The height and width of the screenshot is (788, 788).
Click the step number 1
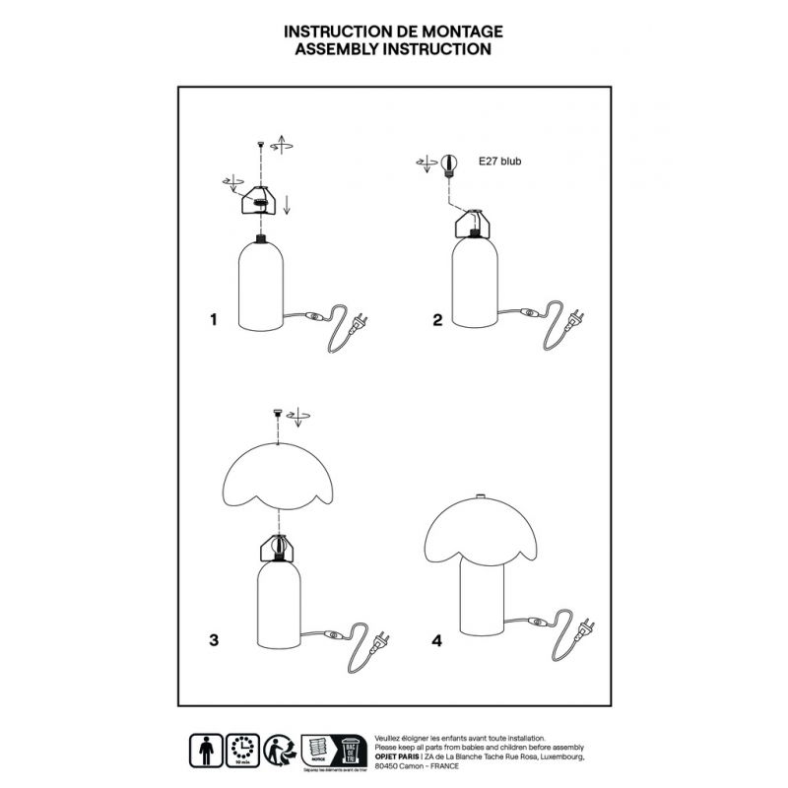pos(212,320)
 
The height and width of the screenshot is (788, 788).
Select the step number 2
pos(437,320)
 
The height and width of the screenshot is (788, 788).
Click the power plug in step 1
pos(360,320)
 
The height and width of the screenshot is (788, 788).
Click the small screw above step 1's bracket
pos(260,145)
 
